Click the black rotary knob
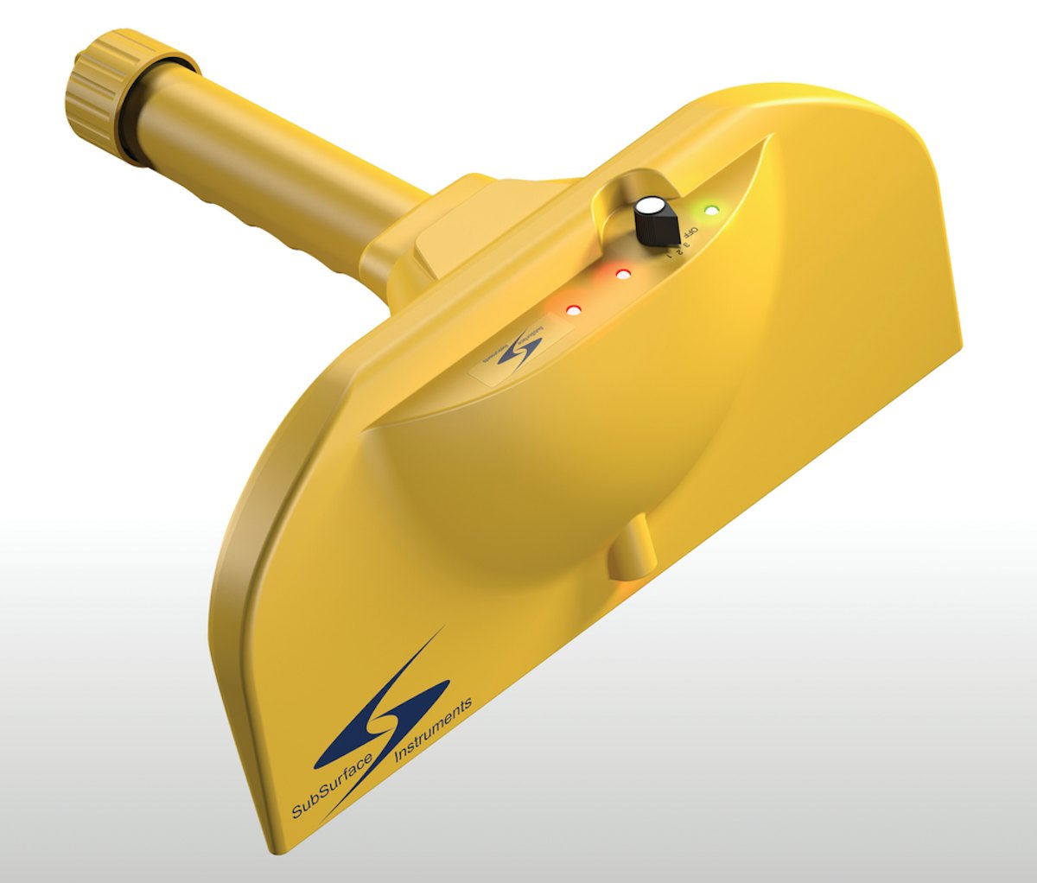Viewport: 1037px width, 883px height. pyautogui.click(x=653, y=221)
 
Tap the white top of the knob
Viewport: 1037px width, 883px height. pyautogui.click(x=651, y=208)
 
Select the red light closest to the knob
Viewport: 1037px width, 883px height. pyautogui.click(x=623, y=275)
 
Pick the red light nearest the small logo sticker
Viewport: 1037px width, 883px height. pyautogui.click(x=571, y=309)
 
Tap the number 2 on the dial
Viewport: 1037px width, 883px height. pyautogui.click(x=675, y=251)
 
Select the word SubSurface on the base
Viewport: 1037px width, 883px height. pyautogui.click(x=333, y=783)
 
